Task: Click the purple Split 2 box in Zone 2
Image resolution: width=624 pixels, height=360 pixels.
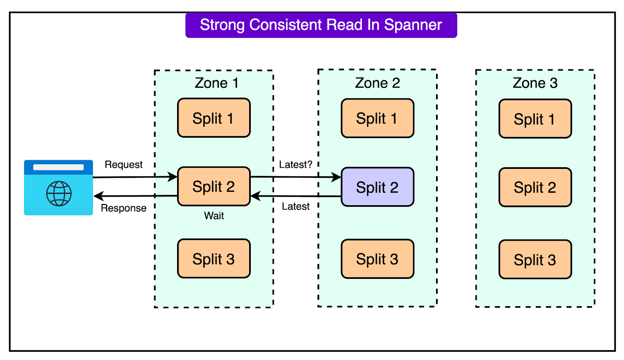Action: tap(377, 187)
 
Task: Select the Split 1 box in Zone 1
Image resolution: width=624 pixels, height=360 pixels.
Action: tap(213, 118)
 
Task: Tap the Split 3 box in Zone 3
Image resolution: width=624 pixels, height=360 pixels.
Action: tap(535, 259)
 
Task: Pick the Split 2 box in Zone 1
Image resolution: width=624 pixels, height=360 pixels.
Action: tap(213, 186)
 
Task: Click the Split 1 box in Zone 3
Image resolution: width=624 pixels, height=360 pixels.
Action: tap(535, 119)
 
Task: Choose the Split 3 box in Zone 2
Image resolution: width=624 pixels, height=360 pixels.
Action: tap(377, 259)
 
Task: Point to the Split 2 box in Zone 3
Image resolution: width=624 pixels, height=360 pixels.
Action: tap(535, 187)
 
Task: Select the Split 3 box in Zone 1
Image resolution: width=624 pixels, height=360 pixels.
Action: tap(213, 259)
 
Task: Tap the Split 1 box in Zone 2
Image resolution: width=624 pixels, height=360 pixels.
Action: tap(377, 118)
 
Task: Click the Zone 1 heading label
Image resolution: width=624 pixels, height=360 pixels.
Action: tap(216, 83)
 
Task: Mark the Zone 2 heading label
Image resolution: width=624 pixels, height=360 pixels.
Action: tap(377, 83)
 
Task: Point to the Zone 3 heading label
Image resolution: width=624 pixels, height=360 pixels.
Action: tap(535, 83)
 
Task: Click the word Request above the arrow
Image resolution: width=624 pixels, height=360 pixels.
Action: tap(123, 165)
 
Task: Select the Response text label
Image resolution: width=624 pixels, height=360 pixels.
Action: tap(123, 208)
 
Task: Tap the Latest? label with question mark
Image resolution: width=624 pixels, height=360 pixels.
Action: tap(295, 165)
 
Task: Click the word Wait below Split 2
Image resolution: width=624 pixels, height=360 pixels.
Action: tap(214, 216)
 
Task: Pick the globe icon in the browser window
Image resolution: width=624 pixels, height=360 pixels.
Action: tap(59, 193)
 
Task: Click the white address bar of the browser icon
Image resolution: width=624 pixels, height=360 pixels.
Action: tap(58, 167)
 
